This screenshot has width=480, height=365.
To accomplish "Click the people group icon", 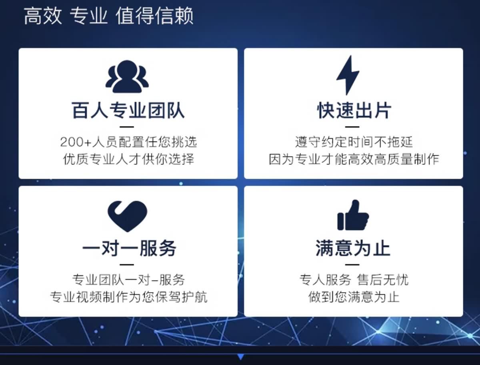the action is [x=127, y=76].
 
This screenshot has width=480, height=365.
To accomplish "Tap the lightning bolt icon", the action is [x=348, y=75].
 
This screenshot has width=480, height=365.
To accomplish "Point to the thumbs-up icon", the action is [x=353, y=215].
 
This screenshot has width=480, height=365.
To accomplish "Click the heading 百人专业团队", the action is [x=128, y=110].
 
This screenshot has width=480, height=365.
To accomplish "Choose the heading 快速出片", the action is [x=354, y=110].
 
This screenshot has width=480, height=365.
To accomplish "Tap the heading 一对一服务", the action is [x=129, y=248].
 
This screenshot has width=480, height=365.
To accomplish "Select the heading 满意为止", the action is [x=353, y=248].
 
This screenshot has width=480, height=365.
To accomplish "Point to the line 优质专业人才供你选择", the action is [x=128, y=159].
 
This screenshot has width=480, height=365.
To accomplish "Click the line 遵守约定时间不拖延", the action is [x=354, y=142].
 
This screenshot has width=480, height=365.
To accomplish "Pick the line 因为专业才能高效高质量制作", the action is [x=354, y=159].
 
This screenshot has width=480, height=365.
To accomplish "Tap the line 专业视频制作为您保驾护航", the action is [x=128, y=297].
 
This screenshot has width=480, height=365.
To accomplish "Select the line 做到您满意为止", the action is [x=354, y=297].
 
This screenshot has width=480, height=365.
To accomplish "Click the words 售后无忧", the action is [x=383, y=280].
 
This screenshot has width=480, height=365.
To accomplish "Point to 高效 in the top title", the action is [x=43, y=16].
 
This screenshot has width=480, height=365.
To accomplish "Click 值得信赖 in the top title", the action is [x=154, y=16].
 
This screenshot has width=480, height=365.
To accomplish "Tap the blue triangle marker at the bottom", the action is [x=240, y=357].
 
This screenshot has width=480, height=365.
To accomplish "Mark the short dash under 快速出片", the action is [x=352, y=127].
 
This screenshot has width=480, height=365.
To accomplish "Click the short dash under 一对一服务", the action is [x=127, y=265].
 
